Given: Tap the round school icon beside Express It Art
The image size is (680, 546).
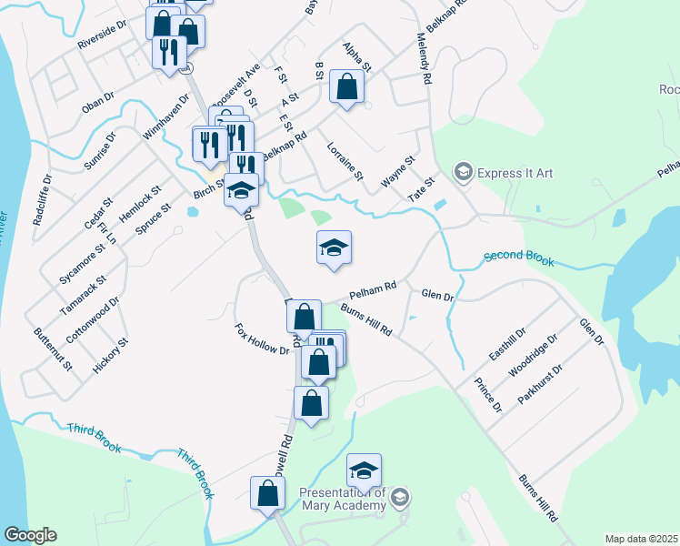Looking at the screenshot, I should click(464, 172).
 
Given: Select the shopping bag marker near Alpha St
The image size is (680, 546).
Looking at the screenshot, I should click(346, 86).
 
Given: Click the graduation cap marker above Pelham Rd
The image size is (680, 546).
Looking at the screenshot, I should click(334, 248).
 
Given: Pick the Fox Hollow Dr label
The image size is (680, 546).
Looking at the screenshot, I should click(261, 339).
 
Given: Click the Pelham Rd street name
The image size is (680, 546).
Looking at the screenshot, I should click(374, 290).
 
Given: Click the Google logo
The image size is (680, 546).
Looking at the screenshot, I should click(30, 535).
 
